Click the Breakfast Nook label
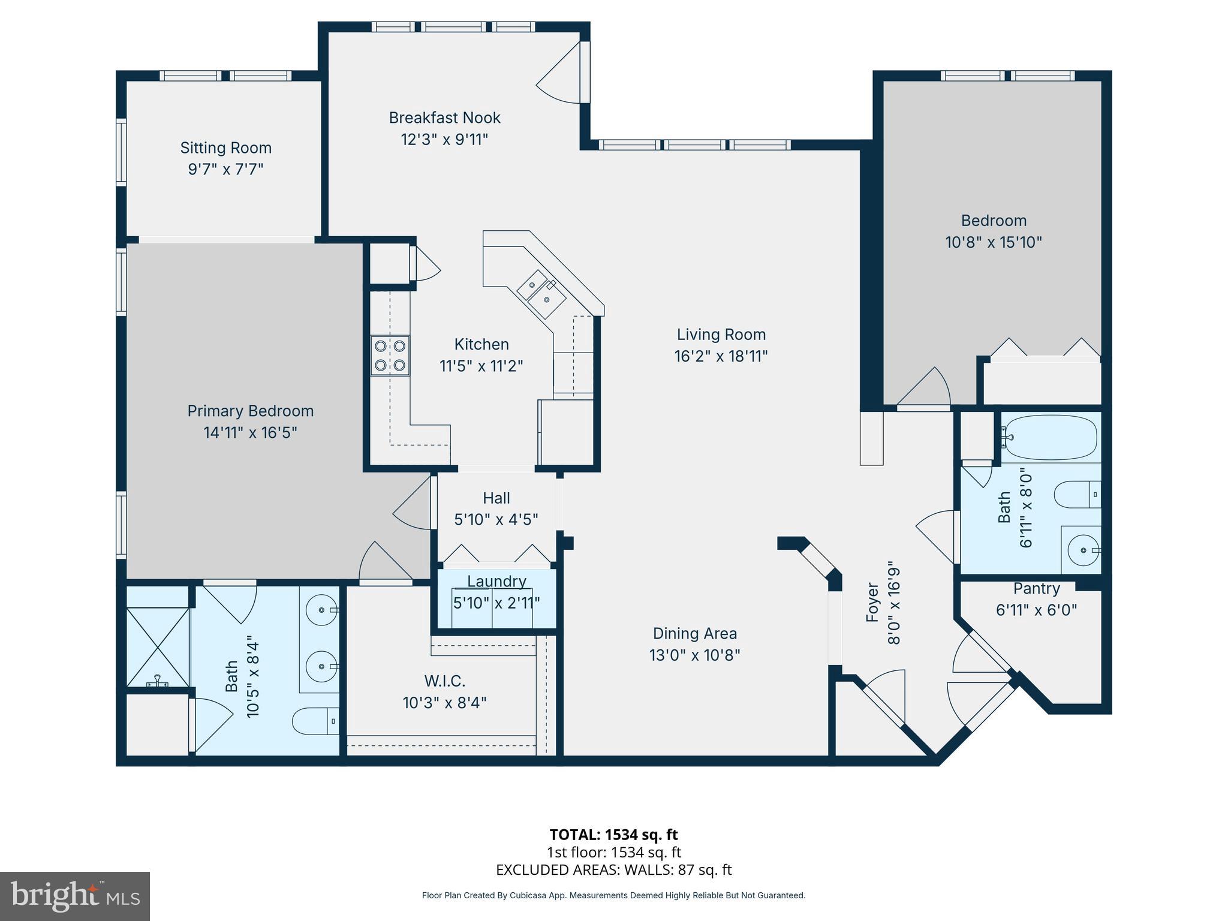[444, 118]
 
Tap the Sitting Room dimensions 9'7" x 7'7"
[225, 169]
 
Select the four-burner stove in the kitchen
[390, 356]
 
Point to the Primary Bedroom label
[250, 411]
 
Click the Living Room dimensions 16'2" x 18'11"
[721, 356]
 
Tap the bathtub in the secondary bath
[1051, 437]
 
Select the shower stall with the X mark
[158, 647]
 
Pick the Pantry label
[1036, 588]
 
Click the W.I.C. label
[444, 681]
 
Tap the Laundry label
[496, 581]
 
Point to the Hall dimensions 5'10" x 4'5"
[496, 519]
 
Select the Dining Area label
[694, 633]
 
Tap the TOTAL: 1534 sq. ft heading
[613, 834]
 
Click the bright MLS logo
[75, 896]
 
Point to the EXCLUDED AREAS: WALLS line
[613, 869]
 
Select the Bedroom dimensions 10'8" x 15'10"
[994, 242]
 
